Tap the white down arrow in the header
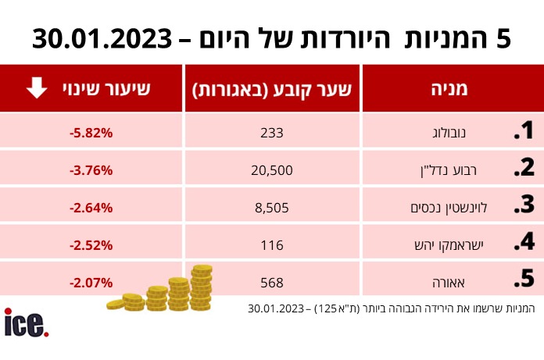pos(37,89)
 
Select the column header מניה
pos(449,89)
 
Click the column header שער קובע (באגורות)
pos(273,89)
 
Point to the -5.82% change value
pos(91,133)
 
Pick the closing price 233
pos(273,133)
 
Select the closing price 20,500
pos(273,170)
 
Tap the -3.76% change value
pos(91,170)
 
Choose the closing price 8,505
pos(273,208)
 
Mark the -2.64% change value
pos(91,208)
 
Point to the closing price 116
pos(273,245)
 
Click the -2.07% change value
pos(91,282)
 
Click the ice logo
pos(27,323)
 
